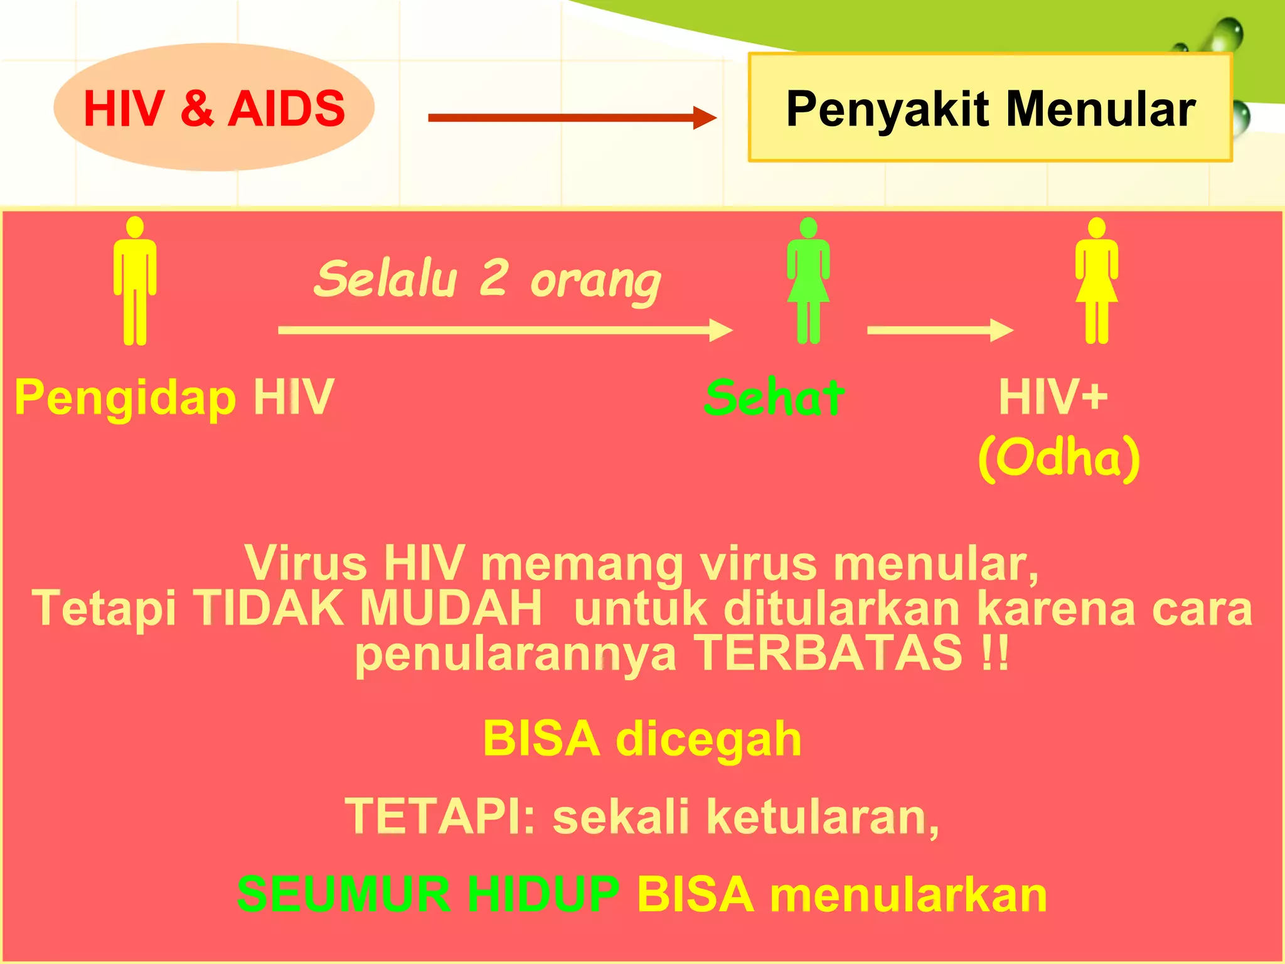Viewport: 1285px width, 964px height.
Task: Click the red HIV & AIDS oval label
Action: click(x=214, y=108)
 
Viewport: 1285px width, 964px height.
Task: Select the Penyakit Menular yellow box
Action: click(x=990, y=108)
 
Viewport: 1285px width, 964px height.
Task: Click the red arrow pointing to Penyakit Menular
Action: click(x=571, y=117)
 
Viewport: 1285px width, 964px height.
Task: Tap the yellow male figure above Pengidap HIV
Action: click(x=135, y=281)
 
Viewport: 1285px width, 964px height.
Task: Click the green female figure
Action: click(x=808, y=281)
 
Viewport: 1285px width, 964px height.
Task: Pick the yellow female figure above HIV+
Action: click(x=1096, y=281)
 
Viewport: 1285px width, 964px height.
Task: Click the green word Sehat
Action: click(x=774, y=398)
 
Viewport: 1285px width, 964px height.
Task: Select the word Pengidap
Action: click(x=125, y=398)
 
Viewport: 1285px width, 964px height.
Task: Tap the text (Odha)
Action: click(x=1059, y=458)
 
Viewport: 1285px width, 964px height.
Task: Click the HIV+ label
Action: click(x=1053, y=397)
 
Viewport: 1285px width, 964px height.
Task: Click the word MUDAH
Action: click(x=451, y=608)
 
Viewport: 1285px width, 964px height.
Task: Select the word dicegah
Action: click(x=708, y=739)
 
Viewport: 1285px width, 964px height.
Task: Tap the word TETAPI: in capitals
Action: click(x=440, y=817)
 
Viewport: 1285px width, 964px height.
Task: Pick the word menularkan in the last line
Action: click(x=908, y=894)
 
